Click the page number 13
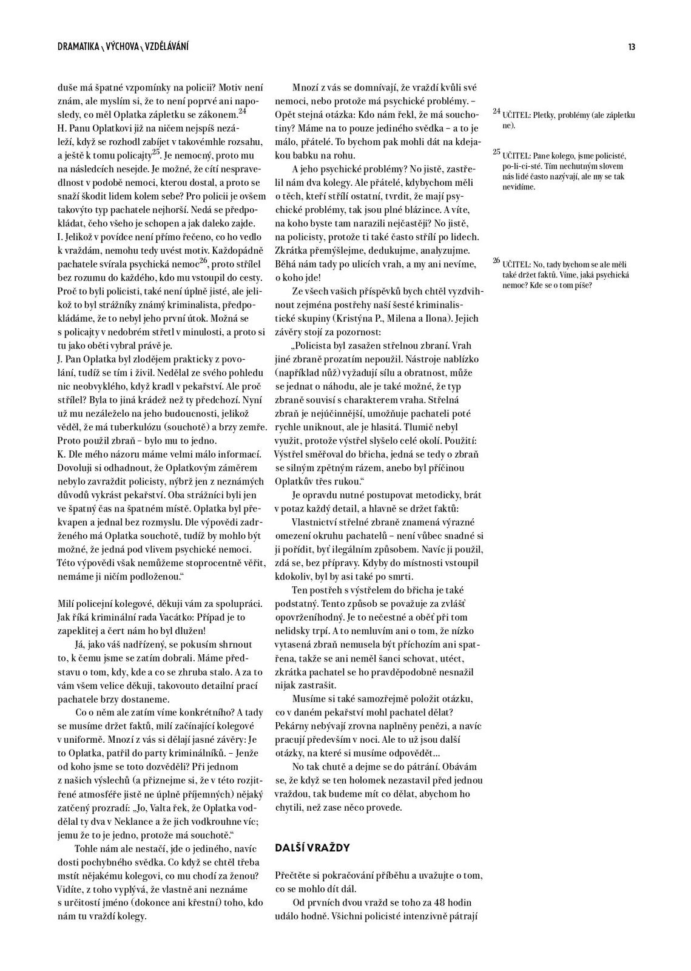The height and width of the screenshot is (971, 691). pyautogui.click(x=632, y=47)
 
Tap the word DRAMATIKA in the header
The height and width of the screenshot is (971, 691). pyautogui.click(x=78, y=47)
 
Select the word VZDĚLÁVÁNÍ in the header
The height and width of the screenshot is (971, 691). pyautogui.click(x=167, y=47)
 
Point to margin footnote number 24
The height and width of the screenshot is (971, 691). pyautogui.click(x=496, y=112)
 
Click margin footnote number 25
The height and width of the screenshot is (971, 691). pyautogui.click(x=496, y=152)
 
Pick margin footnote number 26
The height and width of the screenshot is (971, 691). pyautogui.click(x=496, y=261)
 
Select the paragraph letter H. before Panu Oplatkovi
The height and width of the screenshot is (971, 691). pyautogui.click(x=61, y=128)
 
